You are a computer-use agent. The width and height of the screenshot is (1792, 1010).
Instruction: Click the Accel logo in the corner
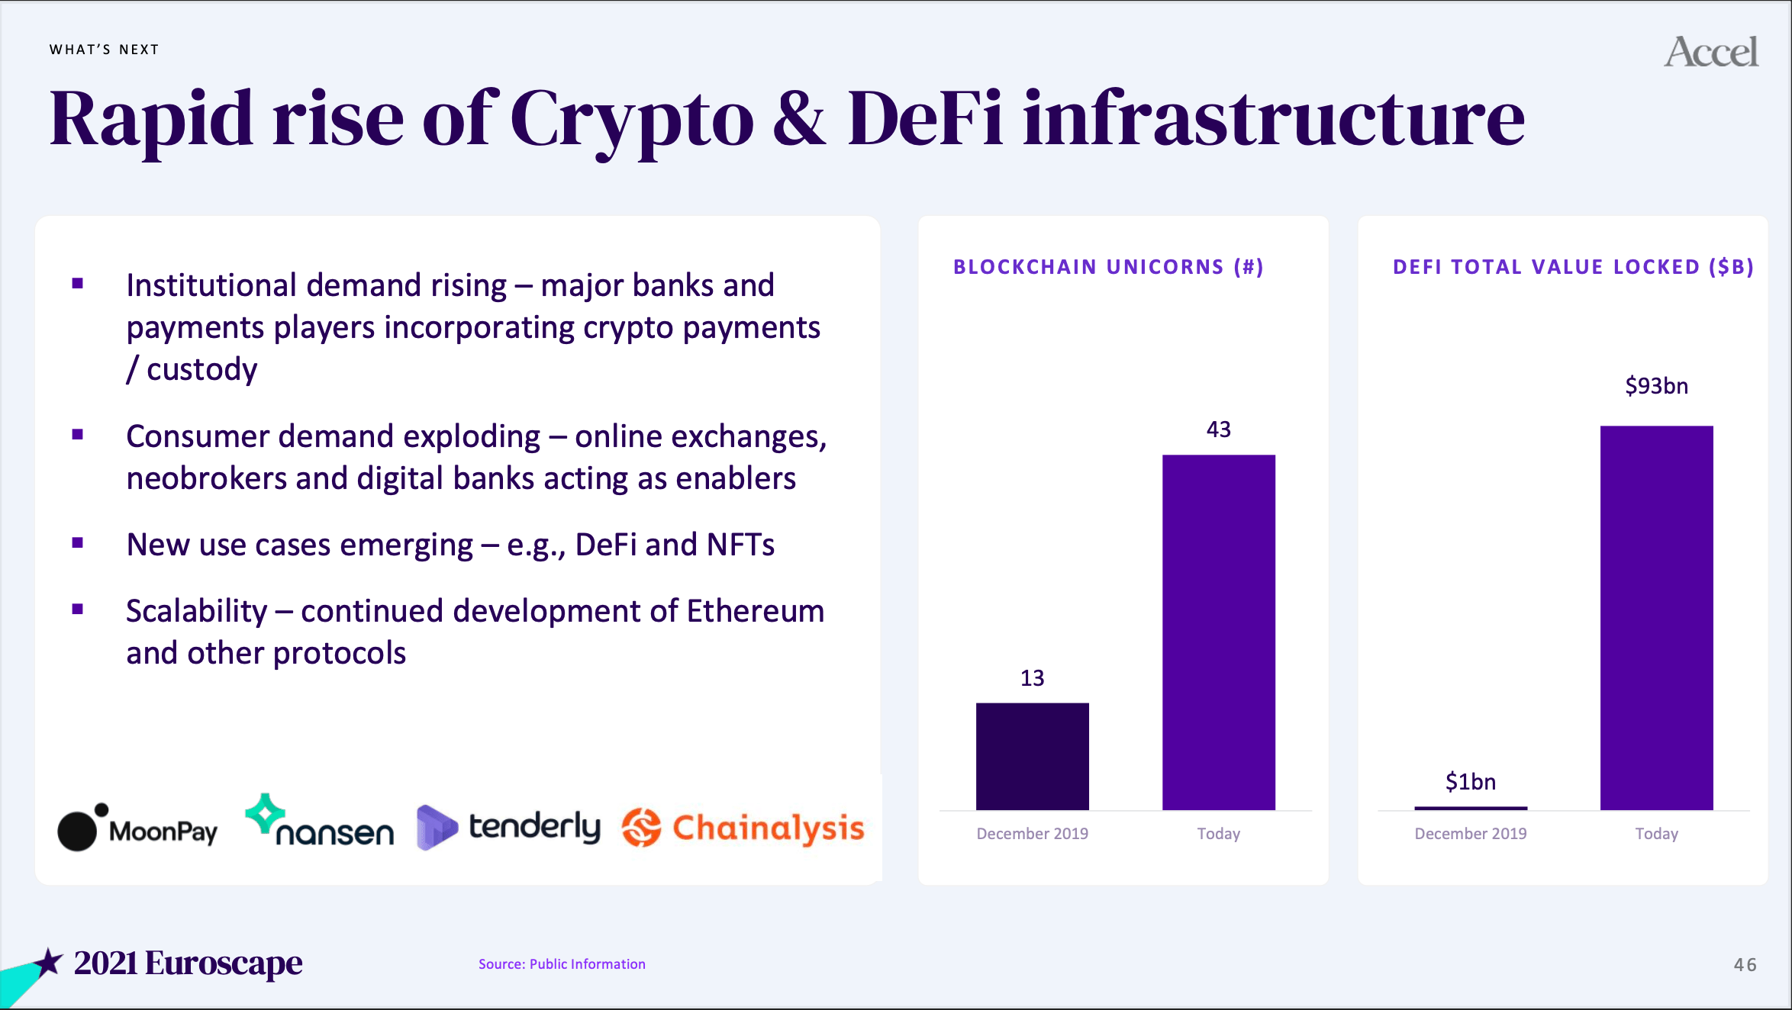(x=1711, y=52)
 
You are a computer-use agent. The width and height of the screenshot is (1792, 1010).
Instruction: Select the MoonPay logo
(x=137, y=827)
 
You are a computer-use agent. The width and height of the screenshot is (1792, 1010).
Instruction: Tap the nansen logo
(x=319, y=821)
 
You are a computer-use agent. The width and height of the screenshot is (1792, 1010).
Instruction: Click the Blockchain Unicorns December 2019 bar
(x=1032, y=756)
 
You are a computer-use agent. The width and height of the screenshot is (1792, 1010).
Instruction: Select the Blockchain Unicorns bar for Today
(x=1219, y=632)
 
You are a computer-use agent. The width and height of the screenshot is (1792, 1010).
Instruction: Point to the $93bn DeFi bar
(x=1656, y=618)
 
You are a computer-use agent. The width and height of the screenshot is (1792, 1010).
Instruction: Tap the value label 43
(x=1219, y=429)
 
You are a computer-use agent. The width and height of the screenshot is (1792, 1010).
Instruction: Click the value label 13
(x=1032, y=678)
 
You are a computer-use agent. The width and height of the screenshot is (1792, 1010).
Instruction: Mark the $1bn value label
(x=1471, y=782)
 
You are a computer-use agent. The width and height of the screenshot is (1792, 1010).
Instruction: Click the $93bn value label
(x=1656, y=386)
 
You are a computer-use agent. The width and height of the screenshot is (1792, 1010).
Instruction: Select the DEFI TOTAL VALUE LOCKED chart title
(x=1574, y=267)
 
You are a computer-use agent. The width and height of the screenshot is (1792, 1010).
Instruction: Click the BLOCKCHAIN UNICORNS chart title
(x=1108, y=267)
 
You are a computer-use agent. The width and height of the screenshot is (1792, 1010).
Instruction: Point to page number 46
(x=1745, y=965)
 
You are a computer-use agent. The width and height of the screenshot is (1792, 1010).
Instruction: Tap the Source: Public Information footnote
(x=562, y=964)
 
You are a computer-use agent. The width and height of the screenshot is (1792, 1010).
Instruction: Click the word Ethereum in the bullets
(x=756, y=611)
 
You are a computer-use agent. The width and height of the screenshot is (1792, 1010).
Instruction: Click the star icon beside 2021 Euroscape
(x=48, y=963)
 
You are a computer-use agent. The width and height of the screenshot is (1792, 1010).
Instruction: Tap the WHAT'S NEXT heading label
(x=105, y=50)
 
